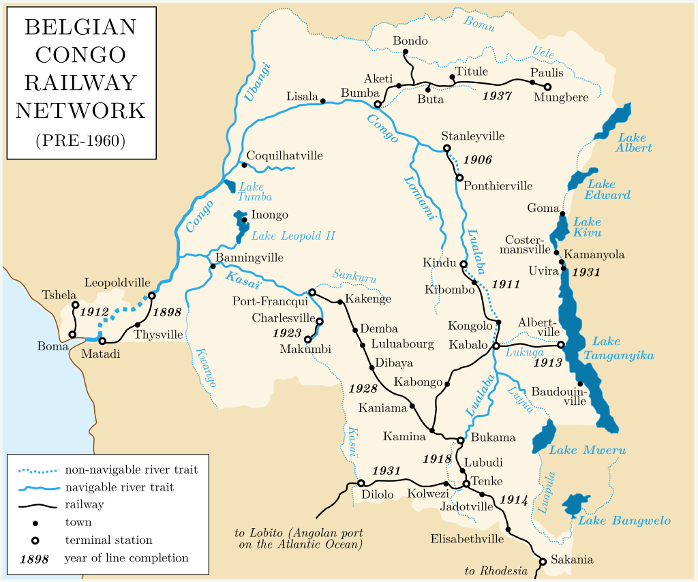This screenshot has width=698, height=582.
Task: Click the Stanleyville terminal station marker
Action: point(446,148)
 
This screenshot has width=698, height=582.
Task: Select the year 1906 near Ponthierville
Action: point(477,160)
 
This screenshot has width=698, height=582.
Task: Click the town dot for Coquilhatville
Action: point(244,165)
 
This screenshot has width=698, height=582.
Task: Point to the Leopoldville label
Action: point(117,282)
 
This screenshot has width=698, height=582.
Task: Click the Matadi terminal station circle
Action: point(102,341)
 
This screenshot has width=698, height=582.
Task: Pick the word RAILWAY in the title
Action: point(80,82)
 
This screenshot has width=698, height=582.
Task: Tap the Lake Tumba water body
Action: point(229,186)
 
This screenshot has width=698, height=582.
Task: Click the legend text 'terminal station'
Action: point(108,540)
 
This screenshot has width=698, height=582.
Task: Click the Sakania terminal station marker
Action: point(543,562)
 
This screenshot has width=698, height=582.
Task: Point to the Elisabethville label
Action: point(467,539)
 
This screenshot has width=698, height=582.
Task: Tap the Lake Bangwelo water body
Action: point(574,504)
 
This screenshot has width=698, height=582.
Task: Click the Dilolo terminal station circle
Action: point(361,483)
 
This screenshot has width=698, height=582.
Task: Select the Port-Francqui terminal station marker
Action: point(312,292)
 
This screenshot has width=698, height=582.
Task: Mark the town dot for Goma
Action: point(563,214)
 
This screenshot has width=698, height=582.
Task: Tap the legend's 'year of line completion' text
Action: point(126,558)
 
